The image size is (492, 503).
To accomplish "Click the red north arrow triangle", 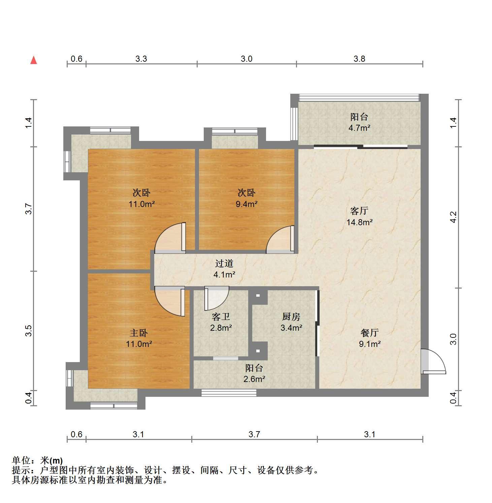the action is coord(34,60).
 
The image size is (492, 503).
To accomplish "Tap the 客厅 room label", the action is coord(359,211).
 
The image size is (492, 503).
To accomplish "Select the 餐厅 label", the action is coord(370,333).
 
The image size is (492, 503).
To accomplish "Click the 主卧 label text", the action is coord(139,333).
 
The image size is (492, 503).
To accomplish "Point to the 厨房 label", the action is coord(291,317).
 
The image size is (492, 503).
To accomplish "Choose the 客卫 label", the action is coord(221,317).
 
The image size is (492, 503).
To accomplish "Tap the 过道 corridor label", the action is coord(224,264).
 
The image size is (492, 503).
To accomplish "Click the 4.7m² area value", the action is coord(359,128).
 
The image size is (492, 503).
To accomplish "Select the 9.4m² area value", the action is coord(247,204).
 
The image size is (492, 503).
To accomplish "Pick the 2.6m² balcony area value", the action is coord(254,379).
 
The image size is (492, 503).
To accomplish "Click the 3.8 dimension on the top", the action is coord(359,59).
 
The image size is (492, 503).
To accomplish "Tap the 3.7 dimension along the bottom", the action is coord(254,435).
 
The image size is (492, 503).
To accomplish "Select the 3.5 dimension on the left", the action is coord(29,331).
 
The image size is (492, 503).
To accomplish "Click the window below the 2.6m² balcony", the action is coord(229,393).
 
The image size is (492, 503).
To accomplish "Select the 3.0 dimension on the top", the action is coord(247,59).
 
